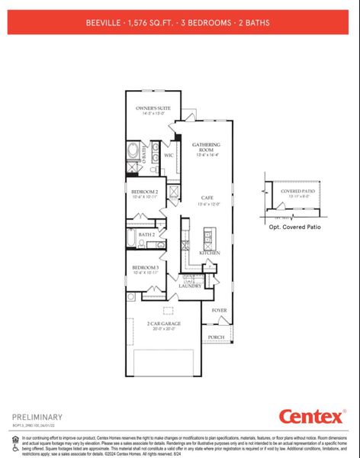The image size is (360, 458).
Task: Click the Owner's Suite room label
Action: coord(151,110)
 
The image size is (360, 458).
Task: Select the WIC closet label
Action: coord(169,156)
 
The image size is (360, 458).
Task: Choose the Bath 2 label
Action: coord(146,234)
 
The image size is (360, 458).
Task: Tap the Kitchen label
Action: coord(210,253)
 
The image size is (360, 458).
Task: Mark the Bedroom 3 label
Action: coord(144,269)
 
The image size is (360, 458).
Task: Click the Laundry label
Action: coord(190,285)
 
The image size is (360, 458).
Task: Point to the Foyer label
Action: coord(220,311)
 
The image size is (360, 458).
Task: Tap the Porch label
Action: coord(217,337)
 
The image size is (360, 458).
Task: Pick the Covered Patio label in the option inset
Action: coord(297,192)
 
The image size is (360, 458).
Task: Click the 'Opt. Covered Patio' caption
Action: coord(294,227)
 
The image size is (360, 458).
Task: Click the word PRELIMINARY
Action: coord(37,417)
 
